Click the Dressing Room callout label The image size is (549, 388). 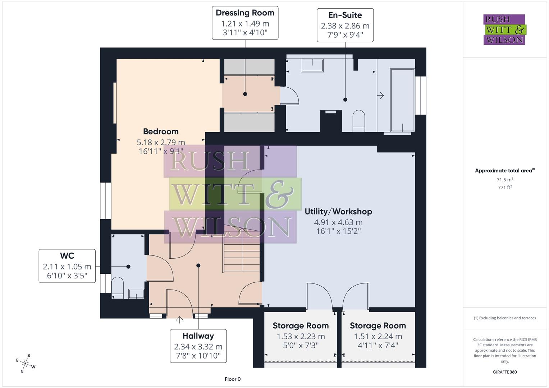pyautogui.click(x=245, y=23)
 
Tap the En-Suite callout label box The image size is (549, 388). pyautogui.click(x=345, y=25)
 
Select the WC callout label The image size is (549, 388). pyautogui.click(x=67, y=266)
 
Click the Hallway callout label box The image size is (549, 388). pyautogui.click(x=198, y=346)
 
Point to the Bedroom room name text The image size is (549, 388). pyautogui.click(x=161, y=131)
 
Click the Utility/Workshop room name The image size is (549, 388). pyautogui.click(x=338, y=212)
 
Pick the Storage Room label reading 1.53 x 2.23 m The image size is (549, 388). pyautogui.click(x=301, y=336)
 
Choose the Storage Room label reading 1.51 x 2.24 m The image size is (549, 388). pyautogui.click(x=378, y=336)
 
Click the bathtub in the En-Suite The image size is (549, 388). pyautogui.click(x=402, y=100)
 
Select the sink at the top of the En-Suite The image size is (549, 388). pyautogui.click(x=312, y=65)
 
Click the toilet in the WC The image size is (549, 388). pyautogui.click(x=117, y=287)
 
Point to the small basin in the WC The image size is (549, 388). pyautogui.click(x=136, y=294)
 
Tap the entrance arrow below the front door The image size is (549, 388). pyautogui.click(x=179, y=319)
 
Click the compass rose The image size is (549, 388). pyautogui.click(x=26, y=363)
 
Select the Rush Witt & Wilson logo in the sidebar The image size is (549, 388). pyautogui.click(x=504, y=30)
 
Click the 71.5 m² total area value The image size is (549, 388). pyautogui.click(x=504, y=180)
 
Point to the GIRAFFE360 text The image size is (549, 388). pyautogui.click(x=504, y=372)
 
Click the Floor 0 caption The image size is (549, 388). pyautogui.click(x=232, y=379)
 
